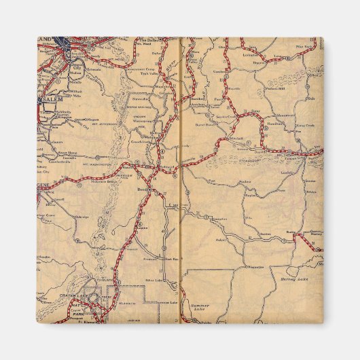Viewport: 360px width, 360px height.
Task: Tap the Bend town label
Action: pyautogui.click(x=142, y=189)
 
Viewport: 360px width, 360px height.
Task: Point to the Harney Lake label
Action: pyautogui.click(x=293, y=278)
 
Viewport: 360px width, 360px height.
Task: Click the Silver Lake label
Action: pyautogui.click(x=153, y=279)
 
